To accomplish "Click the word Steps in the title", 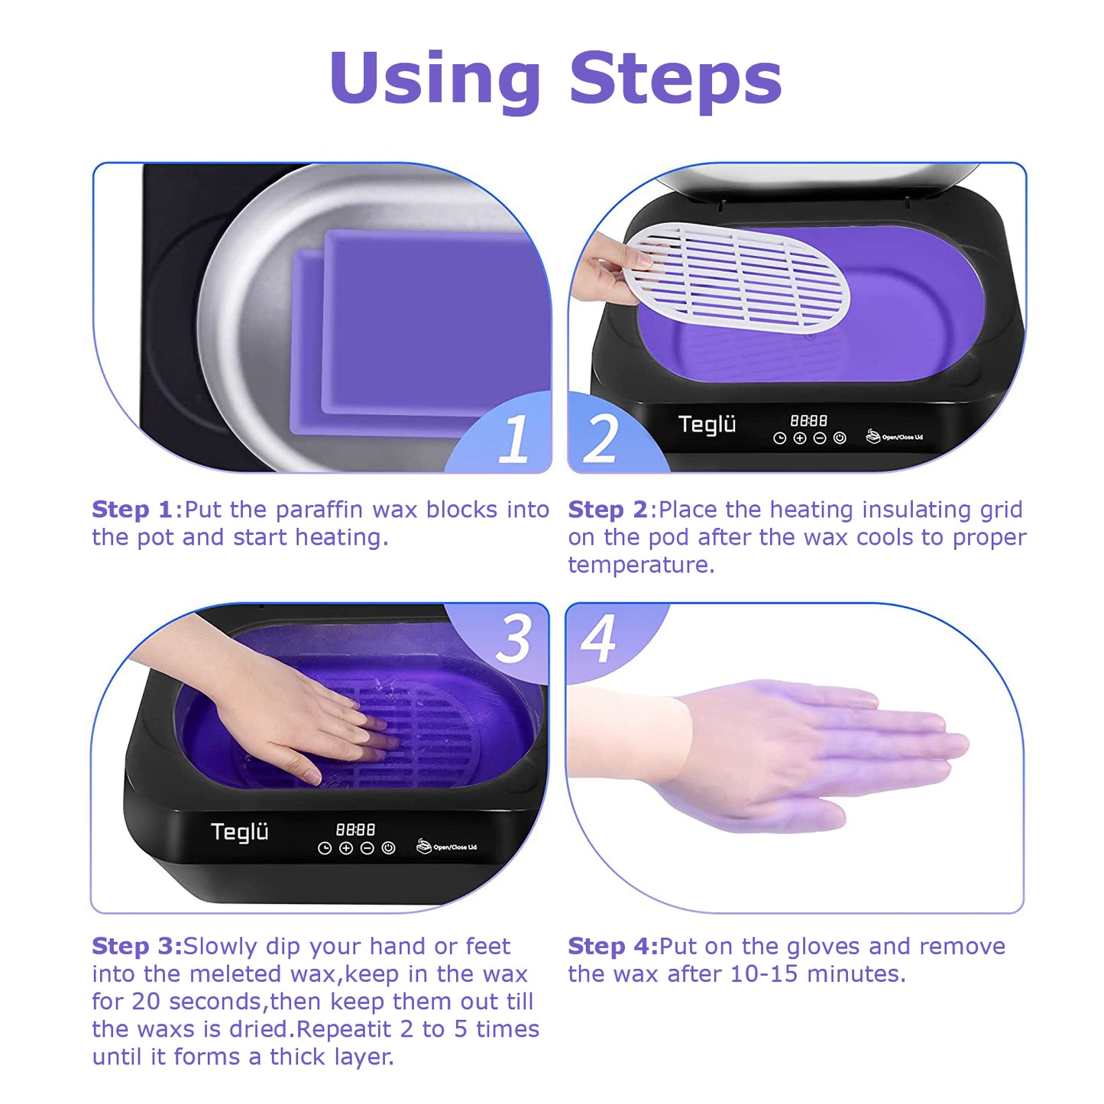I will (675, 78).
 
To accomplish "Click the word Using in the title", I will (435, 78).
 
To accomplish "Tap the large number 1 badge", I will (513, 439).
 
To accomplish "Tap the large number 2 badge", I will (601, 439).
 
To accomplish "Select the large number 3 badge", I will (513, 639).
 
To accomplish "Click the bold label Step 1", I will (131, 510).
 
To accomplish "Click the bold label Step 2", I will (607, 510).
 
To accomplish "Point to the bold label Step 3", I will (136, 946).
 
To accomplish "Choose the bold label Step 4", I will (612, 946).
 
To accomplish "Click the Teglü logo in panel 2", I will (707, 424).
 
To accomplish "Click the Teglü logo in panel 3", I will (239, 832).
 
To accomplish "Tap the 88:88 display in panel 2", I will (808, 421).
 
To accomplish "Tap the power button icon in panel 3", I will (388, 848).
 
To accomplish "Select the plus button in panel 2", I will (799, 439).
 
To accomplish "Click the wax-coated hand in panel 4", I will (810, 753).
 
